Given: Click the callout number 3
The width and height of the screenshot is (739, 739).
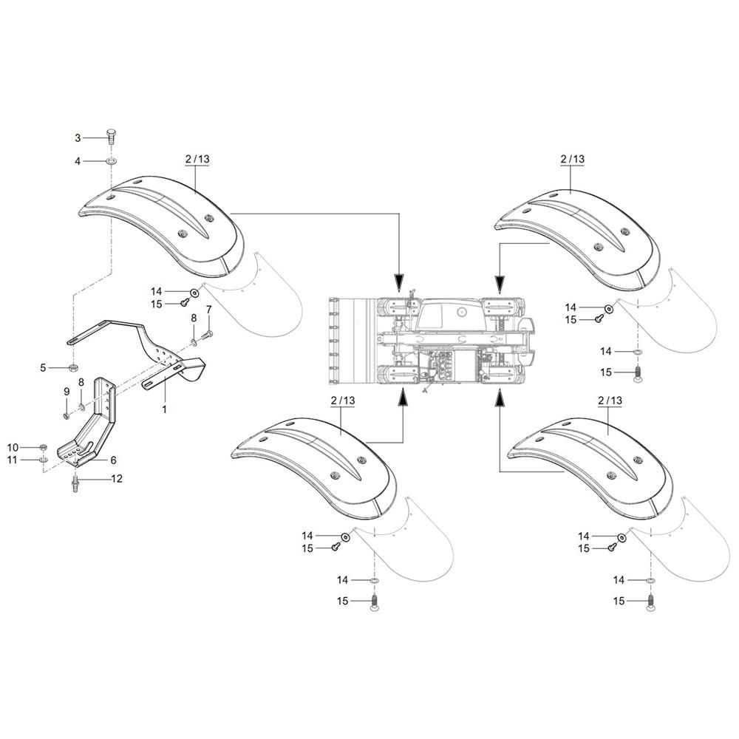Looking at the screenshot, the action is [78, 137].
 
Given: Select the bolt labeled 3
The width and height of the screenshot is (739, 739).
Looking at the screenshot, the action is [110, 137].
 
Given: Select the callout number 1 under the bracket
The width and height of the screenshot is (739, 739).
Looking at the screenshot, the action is [164, 408].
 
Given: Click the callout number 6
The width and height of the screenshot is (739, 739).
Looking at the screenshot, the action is [113, 459].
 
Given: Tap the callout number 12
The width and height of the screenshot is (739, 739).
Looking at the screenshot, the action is [117, 479].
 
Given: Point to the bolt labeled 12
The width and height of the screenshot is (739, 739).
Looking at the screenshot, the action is [75, 484].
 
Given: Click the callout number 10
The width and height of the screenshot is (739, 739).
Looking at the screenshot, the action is [13, 447].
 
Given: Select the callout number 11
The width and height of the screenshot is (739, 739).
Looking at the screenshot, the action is [13, 460].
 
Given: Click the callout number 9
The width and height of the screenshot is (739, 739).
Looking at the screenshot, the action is [66, 391].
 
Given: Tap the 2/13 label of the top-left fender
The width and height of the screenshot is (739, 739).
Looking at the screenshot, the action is [196, 158].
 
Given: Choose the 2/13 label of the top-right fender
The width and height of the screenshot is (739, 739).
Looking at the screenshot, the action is [573, 158].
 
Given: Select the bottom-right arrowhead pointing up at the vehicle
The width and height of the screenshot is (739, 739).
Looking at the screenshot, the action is [500, 399].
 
